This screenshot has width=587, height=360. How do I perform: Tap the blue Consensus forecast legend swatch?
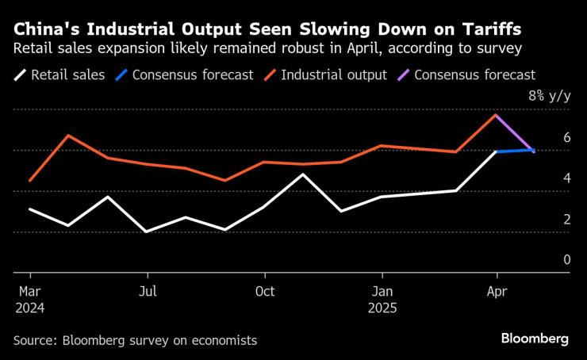(121, 76)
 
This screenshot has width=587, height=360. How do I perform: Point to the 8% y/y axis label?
(549, 96)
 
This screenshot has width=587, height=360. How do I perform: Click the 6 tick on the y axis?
(567, 137)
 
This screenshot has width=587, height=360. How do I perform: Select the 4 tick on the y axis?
(567, 178)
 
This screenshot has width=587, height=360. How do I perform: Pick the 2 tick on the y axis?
(567, 220)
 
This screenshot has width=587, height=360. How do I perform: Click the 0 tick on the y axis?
(567, 260)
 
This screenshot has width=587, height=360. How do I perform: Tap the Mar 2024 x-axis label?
(29, 299)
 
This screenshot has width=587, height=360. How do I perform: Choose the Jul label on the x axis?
(147, 291)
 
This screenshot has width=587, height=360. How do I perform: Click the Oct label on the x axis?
(264, 291)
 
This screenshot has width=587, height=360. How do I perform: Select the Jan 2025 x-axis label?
(382, 299)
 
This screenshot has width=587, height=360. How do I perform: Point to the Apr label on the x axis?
(497, 291)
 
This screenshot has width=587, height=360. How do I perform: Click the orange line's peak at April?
(496, 115)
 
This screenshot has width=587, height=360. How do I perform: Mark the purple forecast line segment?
(515, 133)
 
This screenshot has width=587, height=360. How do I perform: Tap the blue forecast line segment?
(515, 150)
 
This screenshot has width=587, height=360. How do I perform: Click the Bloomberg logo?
(534, 339)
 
